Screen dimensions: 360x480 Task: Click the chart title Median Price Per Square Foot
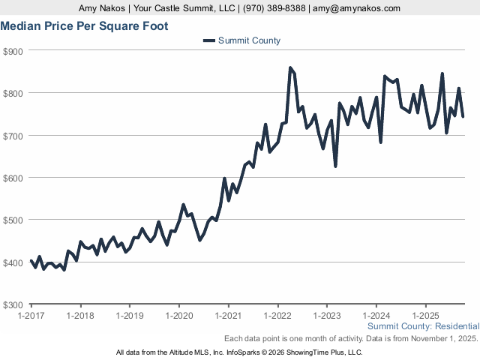[x=84, y=26]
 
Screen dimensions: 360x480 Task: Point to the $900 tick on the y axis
[x=13, y=51]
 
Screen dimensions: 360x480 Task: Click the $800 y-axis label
[x=13, y=93]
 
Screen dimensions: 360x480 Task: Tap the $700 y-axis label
[x=13, y=136]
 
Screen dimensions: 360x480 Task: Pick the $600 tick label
[x=13, y=178]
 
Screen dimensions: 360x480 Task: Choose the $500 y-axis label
[x=13, y=220]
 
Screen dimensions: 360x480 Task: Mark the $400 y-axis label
[x=13, y=262]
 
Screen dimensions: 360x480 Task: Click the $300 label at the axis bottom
[x=13, y=305]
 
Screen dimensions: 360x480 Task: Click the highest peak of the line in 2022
[x=290, y=68]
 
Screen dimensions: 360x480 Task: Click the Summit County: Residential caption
[x=423, y=326]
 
